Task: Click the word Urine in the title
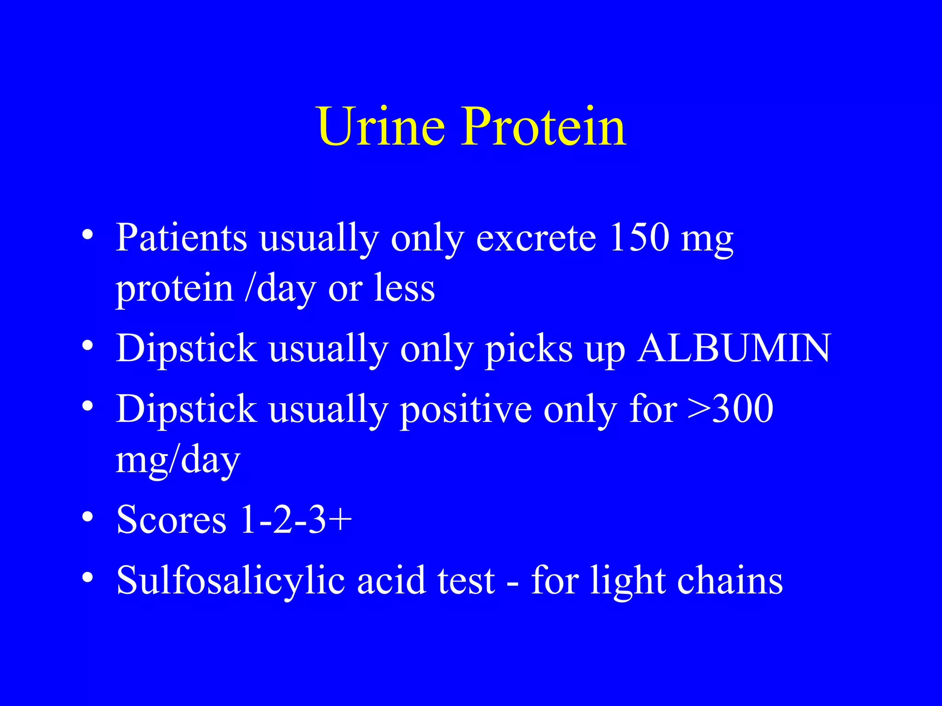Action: (x=381, y=126)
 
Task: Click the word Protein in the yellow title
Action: (x=544, y=126)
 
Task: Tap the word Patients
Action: (x=181, y=238)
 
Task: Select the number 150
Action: (x=639, y=238)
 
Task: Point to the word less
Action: (x=404, y=288)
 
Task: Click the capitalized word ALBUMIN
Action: (x=734, y=348)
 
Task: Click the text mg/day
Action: (x=178, y=460)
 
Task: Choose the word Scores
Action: (x=172, y=519)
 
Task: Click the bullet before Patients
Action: (x=87, y=236)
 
